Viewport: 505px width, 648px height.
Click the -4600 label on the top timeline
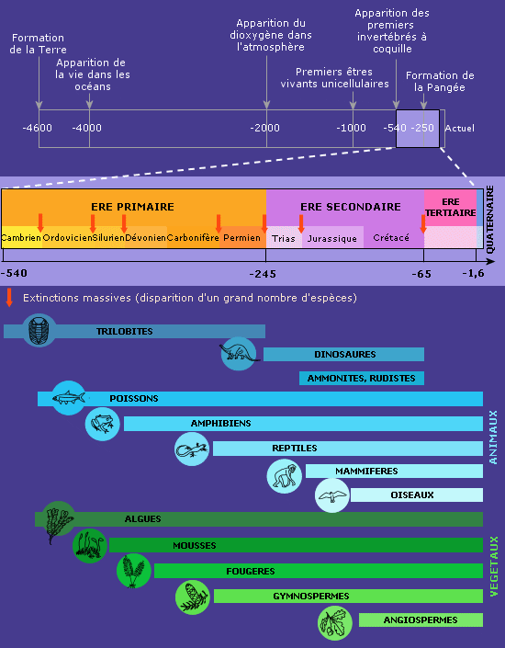37,128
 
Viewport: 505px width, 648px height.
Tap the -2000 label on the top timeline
264,128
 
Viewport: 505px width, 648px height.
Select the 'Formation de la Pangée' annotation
440,82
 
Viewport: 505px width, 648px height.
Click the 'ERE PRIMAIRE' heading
132,207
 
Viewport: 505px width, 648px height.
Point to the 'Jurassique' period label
332,239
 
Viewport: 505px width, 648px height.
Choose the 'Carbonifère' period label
193,238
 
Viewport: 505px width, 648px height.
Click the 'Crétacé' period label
391,238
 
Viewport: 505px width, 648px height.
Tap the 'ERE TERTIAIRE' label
451,207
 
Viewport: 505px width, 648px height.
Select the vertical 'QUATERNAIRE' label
490,219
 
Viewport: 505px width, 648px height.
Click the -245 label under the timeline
263,274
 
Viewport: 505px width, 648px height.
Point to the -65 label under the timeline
421,274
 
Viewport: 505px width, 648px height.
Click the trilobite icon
39,330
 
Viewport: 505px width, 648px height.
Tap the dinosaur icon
239,354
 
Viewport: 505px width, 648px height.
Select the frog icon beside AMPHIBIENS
103,424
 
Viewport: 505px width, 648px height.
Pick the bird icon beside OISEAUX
332,495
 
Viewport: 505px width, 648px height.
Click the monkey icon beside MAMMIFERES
284,476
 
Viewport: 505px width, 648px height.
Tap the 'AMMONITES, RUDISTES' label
361,378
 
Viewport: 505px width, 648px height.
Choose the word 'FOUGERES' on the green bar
251,571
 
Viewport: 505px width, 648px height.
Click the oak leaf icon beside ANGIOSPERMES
335,623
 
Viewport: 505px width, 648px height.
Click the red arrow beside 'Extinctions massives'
9,298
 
